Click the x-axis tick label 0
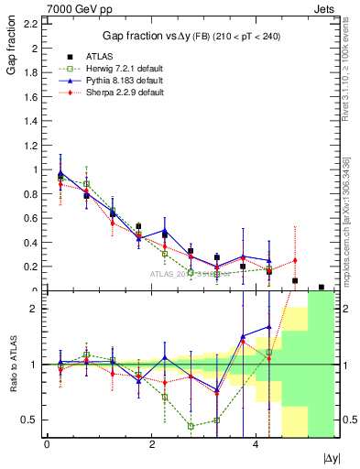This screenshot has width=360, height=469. click(x=47, y=443)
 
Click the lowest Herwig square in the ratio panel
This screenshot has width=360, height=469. click(x=191, y=426)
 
